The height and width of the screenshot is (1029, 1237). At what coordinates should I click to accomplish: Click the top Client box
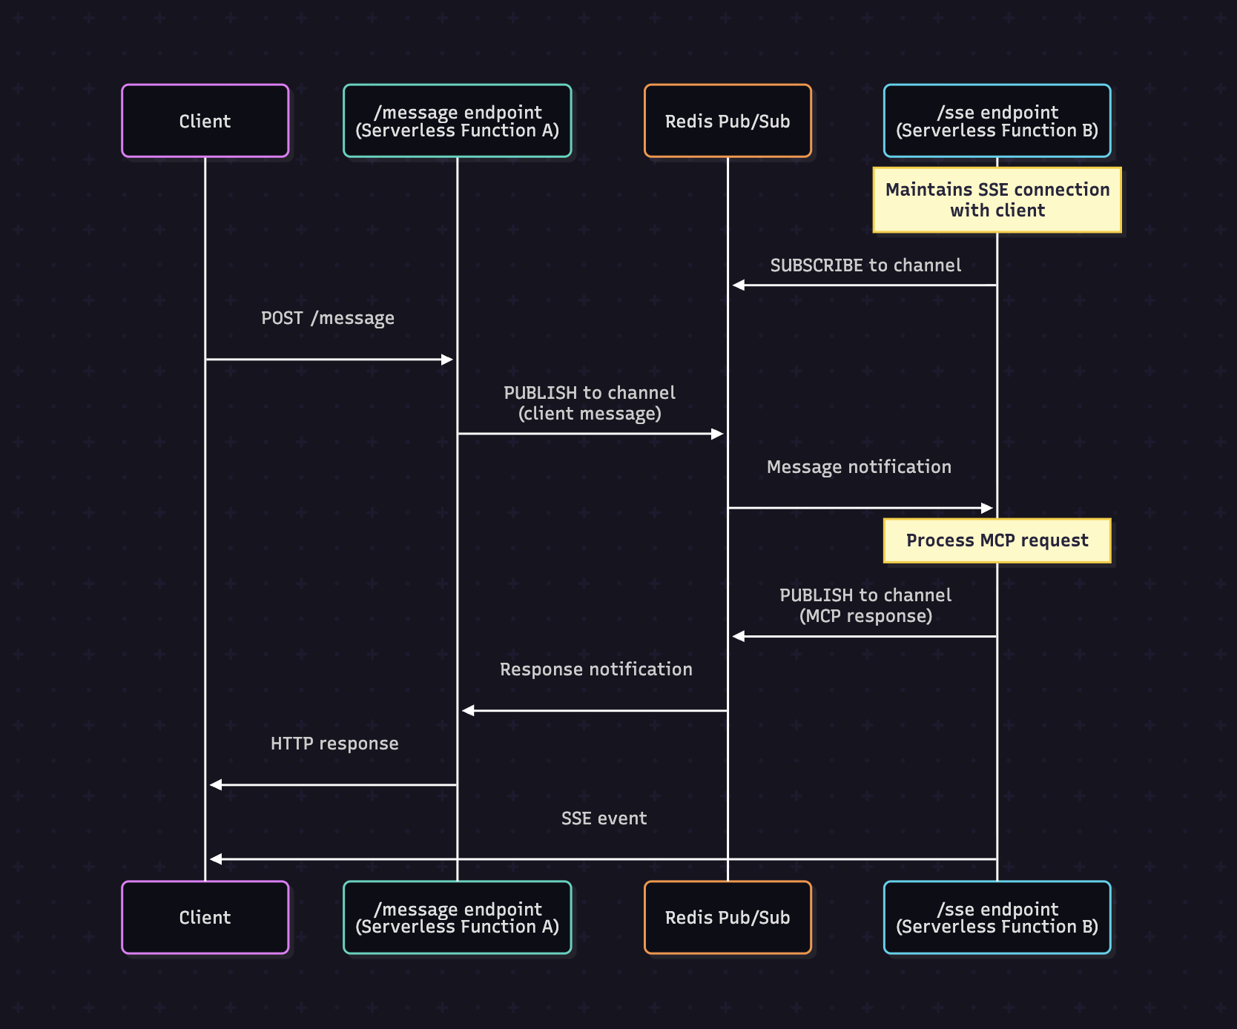205,121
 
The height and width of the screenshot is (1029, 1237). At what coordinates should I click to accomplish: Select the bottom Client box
205,917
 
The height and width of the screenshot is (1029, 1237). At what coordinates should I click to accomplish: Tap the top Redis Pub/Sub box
727,121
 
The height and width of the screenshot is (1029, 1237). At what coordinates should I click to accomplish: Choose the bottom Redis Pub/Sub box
727,917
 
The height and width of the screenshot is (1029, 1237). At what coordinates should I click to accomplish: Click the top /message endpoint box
457,121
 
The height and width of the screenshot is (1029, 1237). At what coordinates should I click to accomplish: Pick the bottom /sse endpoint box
997,917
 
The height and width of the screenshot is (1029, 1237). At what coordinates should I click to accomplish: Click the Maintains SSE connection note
997,200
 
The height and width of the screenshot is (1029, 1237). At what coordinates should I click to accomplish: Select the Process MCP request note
997,540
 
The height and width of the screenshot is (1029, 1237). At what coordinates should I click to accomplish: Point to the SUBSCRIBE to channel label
865,265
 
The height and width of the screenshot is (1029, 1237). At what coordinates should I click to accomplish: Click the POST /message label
328,318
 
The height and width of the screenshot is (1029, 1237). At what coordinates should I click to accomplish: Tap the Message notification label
859,467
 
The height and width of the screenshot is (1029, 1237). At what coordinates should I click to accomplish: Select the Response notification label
596,669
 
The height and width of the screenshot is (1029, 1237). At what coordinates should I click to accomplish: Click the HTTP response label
334,744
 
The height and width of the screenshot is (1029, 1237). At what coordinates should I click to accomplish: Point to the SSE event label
604,818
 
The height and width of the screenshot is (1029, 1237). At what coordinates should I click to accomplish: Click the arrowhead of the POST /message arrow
447,360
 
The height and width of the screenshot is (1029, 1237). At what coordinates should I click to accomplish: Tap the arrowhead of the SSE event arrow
216,859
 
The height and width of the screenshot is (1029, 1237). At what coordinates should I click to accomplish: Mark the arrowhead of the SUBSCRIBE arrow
738,285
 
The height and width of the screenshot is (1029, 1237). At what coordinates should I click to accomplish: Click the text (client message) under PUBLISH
590,414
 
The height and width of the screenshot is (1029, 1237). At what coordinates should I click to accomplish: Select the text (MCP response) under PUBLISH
865,616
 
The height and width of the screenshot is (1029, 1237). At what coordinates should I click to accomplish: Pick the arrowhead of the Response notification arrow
468,710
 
